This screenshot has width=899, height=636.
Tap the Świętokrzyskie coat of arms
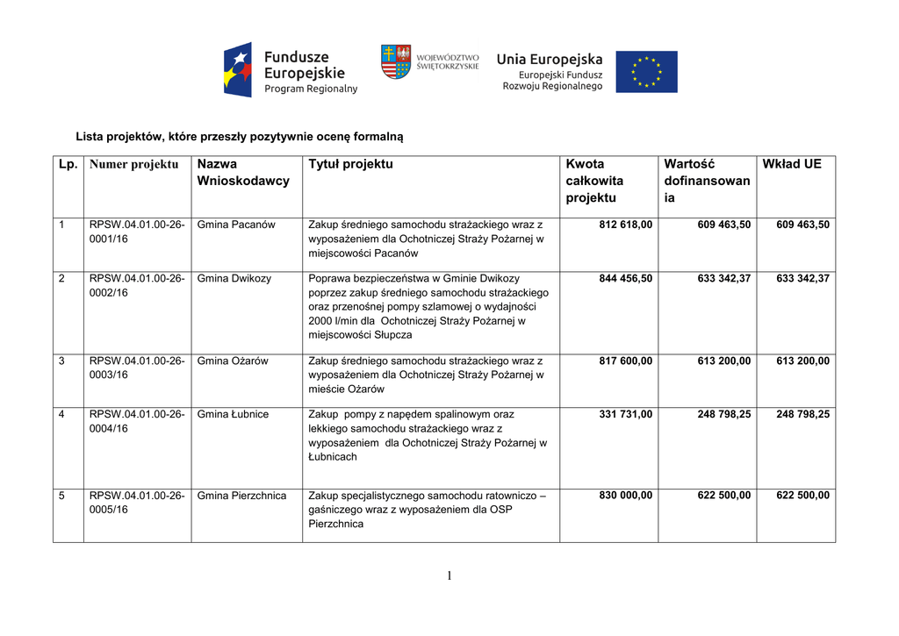point(396,61)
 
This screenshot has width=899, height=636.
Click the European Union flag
point(646,72)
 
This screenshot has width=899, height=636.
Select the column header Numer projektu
point(133,165)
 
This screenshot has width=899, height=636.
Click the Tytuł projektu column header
point(351,164)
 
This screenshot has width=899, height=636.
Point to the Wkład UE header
point(792,164)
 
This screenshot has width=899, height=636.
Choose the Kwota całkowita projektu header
point(595,181)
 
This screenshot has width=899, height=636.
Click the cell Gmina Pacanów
point(236,225)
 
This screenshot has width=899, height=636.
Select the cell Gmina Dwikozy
point(234,279)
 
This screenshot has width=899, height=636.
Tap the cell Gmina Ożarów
point(233,361)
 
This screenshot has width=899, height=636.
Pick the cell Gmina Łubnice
point(233,414)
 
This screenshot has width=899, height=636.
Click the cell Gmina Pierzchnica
point(241,496)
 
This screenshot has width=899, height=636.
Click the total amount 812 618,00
point(625,225)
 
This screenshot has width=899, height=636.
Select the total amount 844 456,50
point(625,279)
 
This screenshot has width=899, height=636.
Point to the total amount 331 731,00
point(625,414)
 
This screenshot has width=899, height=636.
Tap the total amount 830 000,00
point(625,496)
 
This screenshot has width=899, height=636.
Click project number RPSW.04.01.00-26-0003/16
point(137,368)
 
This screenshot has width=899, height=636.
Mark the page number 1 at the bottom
point(449,575)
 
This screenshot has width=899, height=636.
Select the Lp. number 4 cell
point(62,414)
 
